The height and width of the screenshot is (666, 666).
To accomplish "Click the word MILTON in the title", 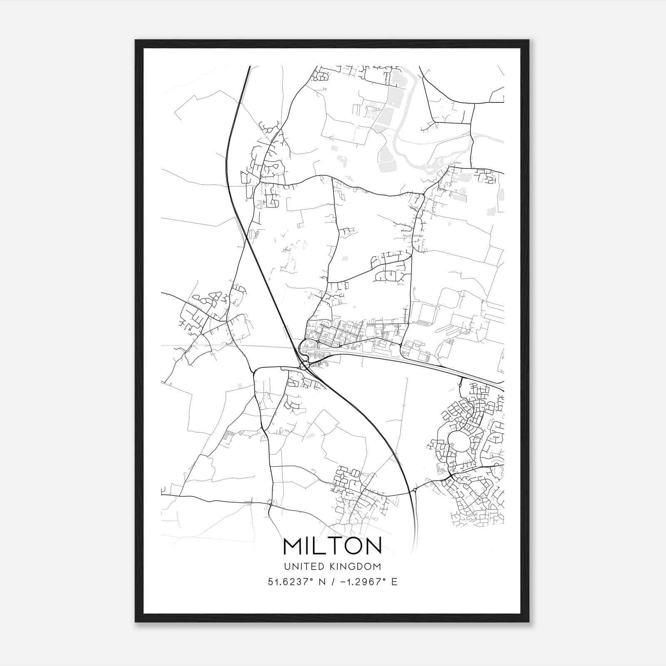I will click(x=333, y=546).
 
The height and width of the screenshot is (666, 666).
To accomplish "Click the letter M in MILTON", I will click(x=292, y=546).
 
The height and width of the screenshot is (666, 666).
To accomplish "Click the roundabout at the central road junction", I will click(x=304, y=366).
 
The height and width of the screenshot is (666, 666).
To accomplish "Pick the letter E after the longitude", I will click(x=394, y=582).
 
